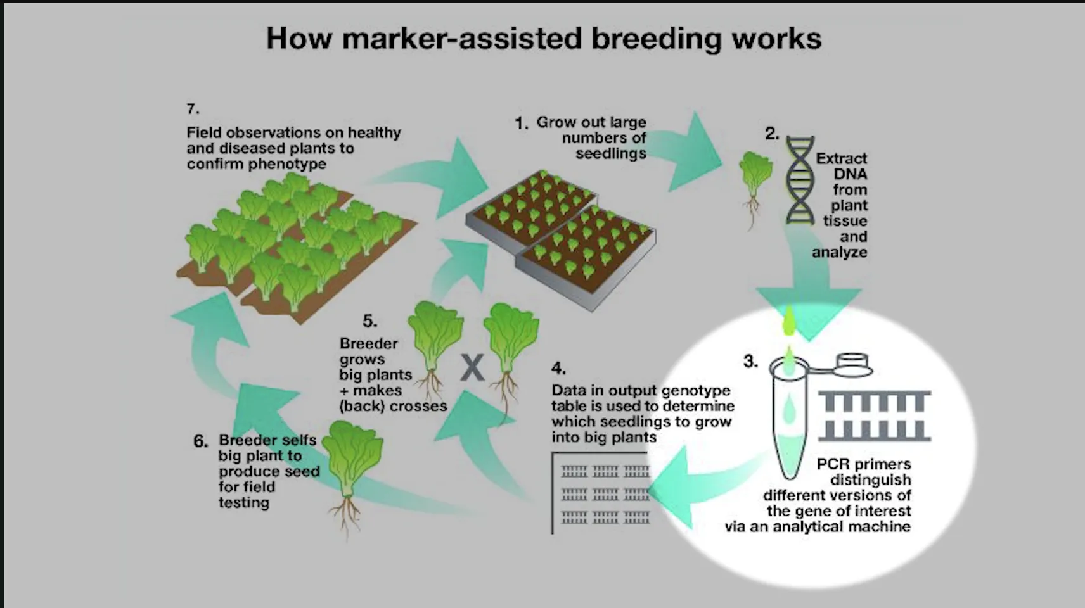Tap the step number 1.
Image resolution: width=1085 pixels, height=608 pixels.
[521, 123]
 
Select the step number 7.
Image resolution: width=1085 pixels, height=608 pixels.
[193, 109]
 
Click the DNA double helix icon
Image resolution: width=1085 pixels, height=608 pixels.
[800, 180]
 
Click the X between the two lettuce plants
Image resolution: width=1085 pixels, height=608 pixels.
[472, 368]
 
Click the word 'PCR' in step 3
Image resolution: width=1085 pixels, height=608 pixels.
[833, 464]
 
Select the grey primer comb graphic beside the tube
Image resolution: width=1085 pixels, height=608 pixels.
[875, 416]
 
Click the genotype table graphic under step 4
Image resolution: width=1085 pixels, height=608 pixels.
[601, 493]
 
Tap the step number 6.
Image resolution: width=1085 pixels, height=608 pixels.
[200, 441]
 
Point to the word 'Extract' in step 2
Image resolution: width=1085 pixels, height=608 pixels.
[842, 158]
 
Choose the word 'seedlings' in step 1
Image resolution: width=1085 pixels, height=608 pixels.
[611, 154]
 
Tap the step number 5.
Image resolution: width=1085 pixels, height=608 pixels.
[370, 321]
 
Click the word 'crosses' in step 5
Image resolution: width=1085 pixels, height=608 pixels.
[418, 406]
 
